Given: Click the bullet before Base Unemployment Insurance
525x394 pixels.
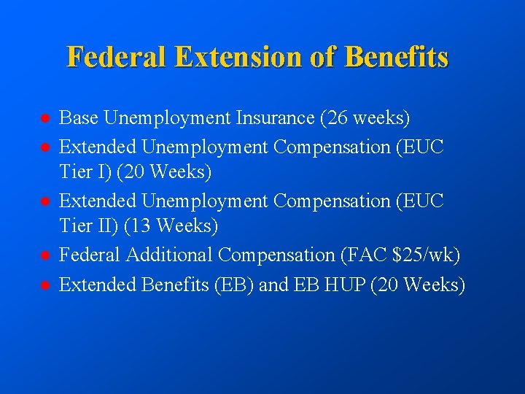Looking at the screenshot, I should tap(44, 117).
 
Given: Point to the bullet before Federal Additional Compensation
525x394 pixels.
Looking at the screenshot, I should tap(44, 255).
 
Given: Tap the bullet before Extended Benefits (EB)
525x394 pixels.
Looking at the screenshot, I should tap(44, 285).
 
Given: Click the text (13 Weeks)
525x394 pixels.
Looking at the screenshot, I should tap(171, 227).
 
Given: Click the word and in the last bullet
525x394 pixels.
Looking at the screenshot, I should tap(273, 285).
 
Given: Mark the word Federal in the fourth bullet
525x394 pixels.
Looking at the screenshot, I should tap(90, 255).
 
